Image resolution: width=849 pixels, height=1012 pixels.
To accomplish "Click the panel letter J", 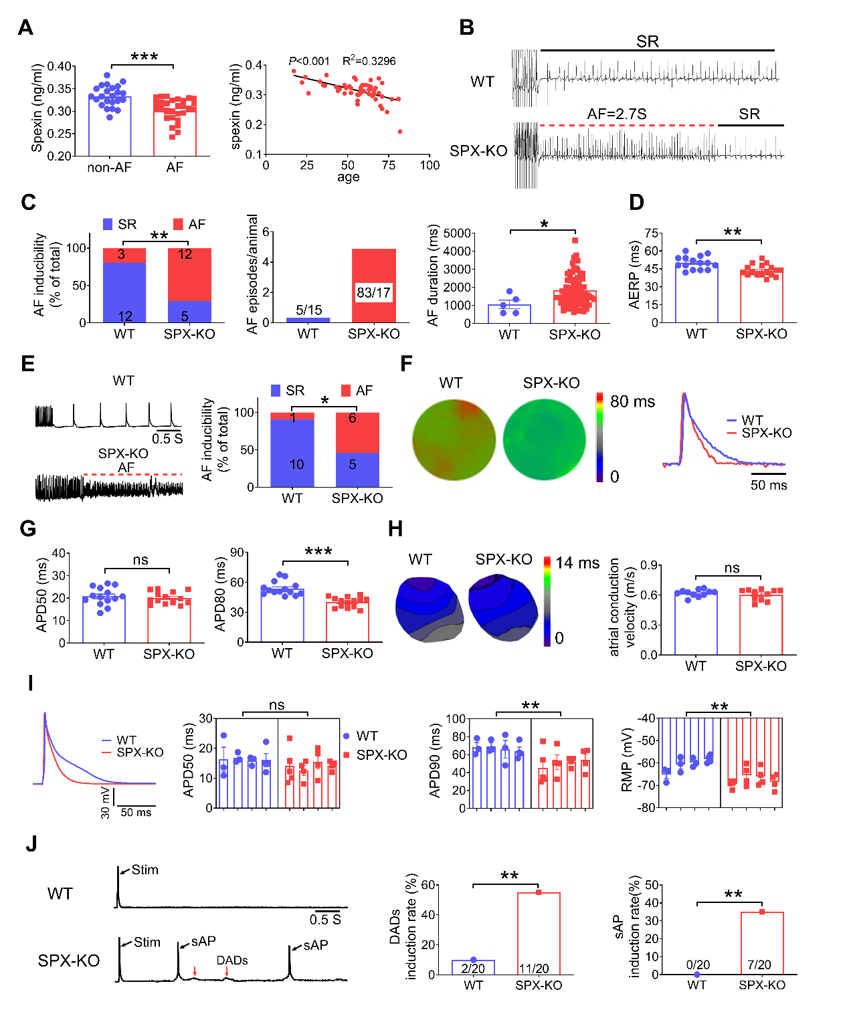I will [x=31, y=844].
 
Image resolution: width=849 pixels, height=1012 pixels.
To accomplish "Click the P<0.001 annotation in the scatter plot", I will [x=309, y=61].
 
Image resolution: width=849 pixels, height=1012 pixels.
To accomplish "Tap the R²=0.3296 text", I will [x=369, y=61].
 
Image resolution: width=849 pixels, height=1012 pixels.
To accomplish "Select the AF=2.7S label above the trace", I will [x=616, y=114].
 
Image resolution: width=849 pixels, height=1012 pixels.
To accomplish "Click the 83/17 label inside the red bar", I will [x=373, y=292].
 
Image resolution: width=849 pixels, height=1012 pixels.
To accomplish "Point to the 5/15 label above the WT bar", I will [x=309, y=310].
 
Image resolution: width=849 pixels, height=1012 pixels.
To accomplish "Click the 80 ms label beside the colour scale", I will [x=632, y=401].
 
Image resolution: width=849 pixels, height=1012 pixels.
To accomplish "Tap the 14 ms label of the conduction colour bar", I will [x=577, y=563].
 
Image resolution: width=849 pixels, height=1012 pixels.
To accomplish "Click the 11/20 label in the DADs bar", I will [x=534, y=969].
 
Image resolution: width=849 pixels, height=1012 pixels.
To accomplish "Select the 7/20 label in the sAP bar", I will [x=759, y=965].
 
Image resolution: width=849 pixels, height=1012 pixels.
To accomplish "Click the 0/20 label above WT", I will [x=698, y=965].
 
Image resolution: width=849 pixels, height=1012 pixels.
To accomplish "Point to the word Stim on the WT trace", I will [x=145, y=870].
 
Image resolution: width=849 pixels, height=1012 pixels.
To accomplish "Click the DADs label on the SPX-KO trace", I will [x=232, y=960].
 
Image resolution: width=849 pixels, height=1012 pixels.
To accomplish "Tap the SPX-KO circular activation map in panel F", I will [x=544, y=439].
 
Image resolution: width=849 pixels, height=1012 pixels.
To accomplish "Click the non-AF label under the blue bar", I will [x=110, y=167].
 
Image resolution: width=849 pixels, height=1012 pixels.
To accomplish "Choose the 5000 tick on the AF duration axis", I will [x=458, y=233].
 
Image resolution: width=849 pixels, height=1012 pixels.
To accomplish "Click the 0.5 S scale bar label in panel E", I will [x=167, y=439].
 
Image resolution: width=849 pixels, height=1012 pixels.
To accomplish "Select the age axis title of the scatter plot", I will [x=348, y=177].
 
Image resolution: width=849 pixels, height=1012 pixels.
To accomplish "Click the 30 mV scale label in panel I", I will [x=106, y=803].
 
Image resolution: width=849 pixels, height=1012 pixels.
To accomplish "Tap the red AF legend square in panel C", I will [x=178, y=224].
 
